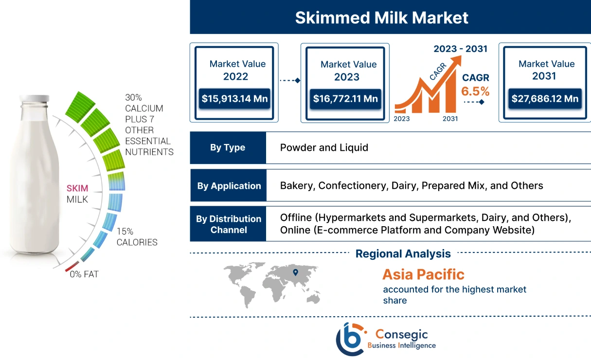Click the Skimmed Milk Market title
(x=382, y=18)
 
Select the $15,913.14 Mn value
(x=235, y=99)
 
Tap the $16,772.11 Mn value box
(x=345, y=99)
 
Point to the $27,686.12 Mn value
(x=545, y=99)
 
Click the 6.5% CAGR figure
(x=475, y=91)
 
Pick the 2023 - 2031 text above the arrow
(x=460, y=49)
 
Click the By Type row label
(x=228, y=147)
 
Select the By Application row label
(x=229, y=186)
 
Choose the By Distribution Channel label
(x=228, y=224)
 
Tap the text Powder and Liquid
(x=324, y=147)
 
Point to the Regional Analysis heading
(x=403, y=253)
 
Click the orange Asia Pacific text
(x=423, y=274)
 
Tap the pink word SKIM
(x=77, y=188)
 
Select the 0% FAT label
(x=84, y=274)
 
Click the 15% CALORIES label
(x=137, y=237)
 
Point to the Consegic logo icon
(x=350, y=339)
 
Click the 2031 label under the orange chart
(x=450, y=119)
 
